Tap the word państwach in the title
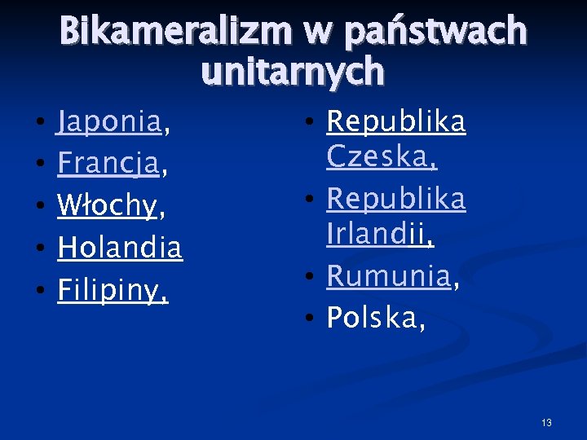435,33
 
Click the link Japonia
109,123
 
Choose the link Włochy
107,207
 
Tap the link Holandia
120,248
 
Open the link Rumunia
388,277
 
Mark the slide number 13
546,422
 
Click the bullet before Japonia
40,125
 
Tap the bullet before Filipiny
40,291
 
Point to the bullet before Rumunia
310,278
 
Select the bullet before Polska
310,319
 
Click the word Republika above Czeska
396,122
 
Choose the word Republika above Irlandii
396,199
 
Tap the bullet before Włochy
40,208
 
